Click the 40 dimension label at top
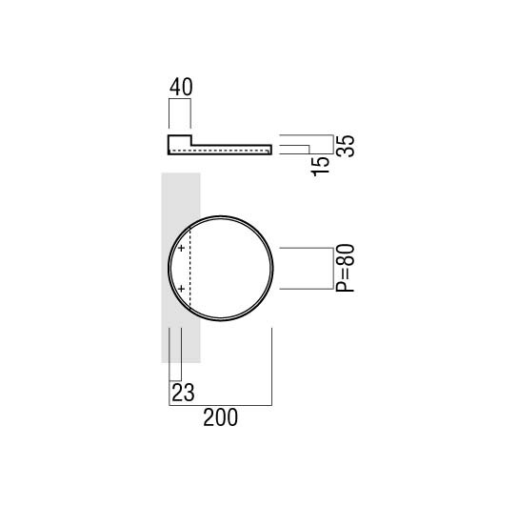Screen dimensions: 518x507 (181, 87)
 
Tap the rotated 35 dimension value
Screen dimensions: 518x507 (346, 146)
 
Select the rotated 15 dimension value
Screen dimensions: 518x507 (321, 167)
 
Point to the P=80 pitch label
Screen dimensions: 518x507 (345, 268)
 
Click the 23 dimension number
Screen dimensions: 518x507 (184, 393)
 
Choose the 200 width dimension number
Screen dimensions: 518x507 (220, 417)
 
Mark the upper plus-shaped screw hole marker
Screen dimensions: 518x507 (181, 248)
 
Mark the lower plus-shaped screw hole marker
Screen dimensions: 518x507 (181, 289)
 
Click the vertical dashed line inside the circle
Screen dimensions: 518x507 (190, 268)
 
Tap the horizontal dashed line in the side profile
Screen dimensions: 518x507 (219, 151)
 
